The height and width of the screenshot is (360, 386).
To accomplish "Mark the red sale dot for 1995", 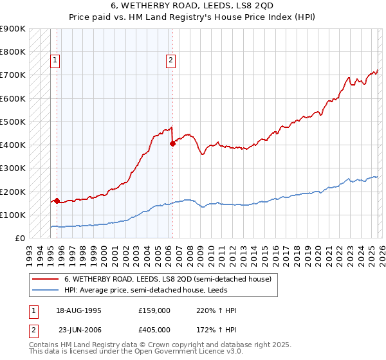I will point(57,201).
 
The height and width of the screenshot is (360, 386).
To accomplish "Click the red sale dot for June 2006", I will point(172,144).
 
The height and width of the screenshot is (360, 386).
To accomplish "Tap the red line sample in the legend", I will point(46,279).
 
